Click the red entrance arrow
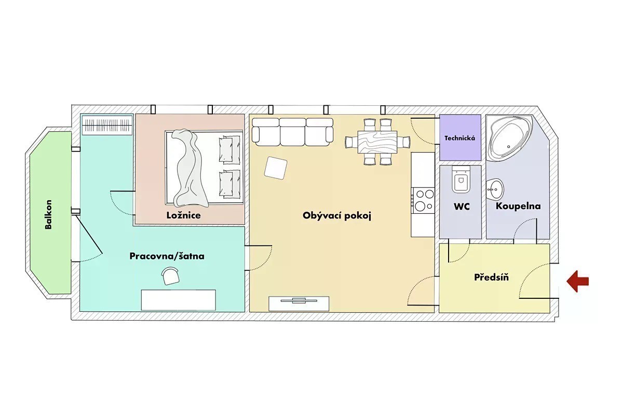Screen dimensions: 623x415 (578, 281)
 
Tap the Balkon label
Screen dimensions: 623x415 (48, 214)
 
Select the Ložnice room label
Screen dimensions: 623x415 (184, 215)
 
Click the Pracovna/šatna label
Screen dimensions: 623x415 (167, 256)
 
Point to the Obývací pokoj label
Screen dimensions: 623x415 (337, 216)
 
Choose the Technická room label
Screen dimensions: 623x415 (460, 138)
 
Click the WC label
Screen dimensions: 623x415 (462, 206)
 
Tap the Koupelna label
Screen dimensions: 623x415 (518, 206)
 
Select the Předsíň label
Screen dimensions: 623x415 (492, 277)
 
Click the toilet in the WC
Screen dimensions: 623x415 (461, 179)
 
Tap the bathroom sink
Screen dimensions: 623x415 (495, 189)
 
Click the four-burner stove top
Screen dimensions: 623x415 (423, 200)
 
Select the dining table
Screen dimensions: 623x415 (377, 142)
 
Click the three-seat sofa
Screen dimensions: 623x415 (292, 132)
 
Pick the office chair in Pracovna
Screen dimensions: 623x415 (170, 276)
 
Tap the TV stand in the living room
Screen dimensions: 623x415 (299, 303)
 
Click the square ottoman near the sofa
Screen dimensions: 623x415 (276, 168)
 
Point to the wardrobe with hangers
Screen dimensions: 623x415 (107, 125)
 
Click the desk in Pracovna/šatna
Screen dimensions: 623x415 (179, 300)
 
